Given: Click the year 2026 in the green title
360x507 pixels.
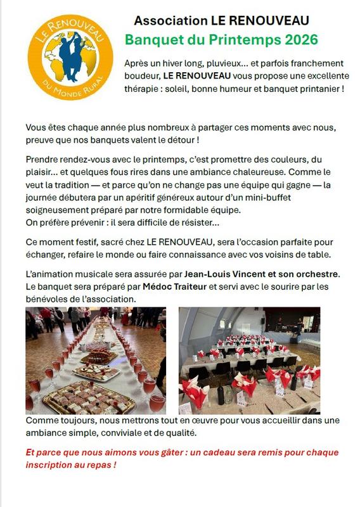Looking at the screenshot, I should tap(301, 40).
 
